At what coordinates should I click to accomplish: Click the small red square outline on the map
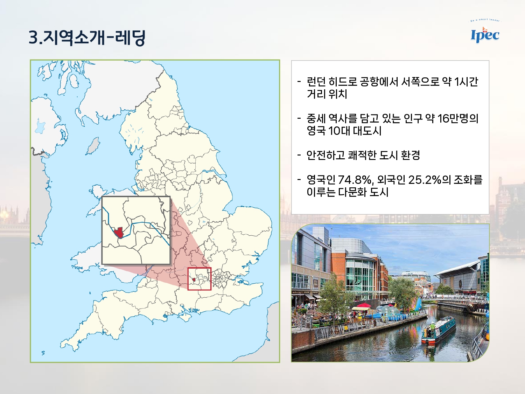pos(199,279)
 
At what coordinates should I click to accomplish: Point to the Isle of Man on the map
pos(93,146)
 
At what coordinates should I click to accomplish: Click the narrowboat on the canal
pos(439,330)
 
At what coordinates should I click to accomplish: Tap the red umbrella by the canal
pos(364,305)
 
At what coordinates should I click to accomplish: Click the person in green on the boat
pos(432,327)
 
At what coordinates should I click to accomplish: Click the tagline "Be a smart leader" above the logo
pos(485,20)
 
